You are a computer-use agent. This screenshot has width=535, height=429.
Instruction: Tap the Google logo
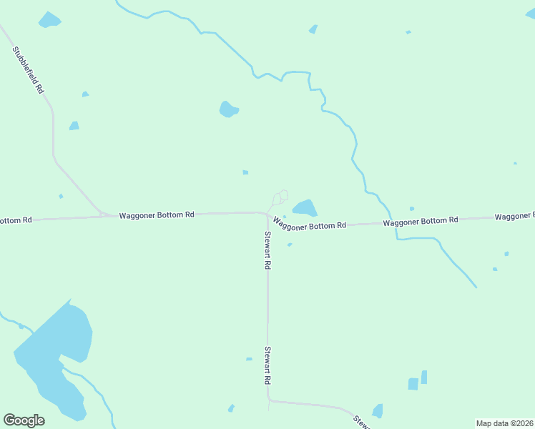[x=24, y=420]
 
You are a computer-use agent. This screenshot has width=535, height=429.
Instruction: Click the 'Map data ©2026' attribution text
[x=504, y=423]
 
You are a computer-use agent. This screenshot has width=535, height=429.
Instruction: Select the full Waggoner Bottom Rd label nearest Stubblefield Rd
[x=157, y=214]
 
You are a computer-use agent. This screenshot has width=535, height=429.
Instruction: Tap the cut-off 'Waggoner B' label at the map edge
[x=514, y=216]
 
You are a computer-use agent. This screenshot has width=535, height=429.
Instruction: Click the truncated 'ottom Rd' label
[x=16, y=220]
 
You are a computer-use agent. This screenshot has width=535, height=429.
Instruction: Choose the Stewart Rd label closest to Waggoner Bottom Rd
[x=267, y=250]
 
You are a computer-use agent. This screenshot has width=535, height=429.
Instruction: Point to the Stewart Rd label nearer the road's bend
[x=267, y=365]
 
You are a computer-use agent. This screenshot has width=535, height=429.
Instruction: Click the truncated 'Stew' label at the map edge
[x=363, y=422]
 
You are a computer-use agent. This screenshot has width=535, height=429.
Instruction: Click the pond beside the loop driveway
[x=305, y=208]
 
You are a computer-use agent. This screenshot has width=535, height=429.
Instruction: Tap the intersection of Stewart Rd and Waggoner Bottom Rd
[x=267, y=213]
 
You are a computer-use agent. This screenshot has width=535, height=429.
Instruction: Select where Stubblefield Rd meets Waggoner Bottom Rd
[x=103, y=214]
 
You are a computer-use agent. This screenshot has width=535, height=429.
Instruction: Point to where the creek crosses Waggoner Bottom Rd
[x=393, y=222]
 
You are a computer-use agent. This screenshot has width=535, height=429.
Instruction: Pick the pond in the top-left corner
[x=49, y=20]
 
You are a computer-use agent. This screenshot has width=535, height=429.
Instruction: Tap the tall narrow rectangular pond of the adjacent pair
[x=424, y=377]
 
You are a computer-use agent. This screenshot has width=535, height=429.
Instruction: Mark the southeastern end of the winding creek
[x=476, y=287]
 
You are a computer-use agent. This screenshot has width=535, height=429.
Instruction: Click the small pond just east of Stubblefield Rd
[x=74, y=126]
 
